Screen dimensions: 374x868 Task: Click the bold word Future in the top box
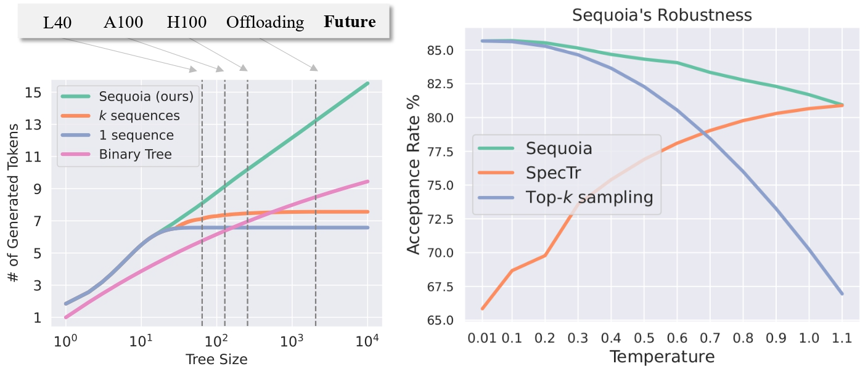[x=350, y=23]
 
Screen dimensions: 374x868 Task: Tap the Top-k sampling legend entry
[x=589, y=197]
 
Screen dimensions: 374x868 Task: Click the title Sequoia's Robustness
[x=662, y=15]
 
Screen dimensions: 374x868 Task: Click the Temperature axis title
[x=662, y=357]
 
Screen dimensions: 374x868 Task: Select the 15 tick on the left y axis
[x=33, y=92]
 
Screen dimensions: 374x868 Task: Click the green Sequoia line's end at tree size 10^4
[x=368, y=83]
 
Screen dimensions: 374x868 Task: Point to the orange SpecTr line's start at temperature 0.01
[x=482, y=309]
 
